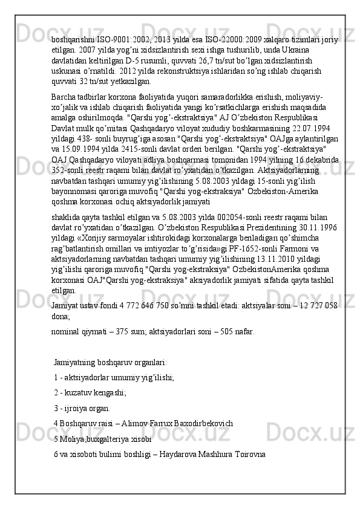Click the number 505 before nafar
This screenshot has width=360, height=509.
point(226,331)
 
